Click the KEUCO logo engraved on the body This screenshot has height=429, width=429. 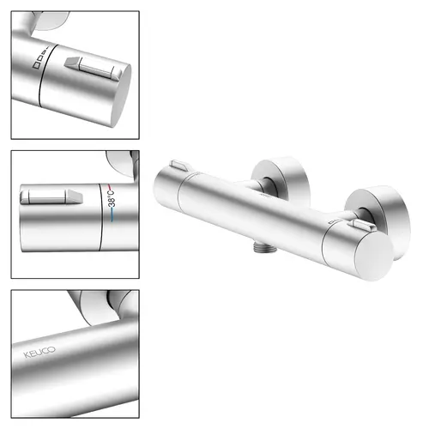point(39,352)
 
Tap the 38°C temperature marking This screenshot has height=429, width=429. point(112,199)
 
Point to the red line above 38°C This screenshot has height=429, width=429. point(110,188)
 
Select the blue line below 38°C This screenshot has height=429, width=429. point(112,214)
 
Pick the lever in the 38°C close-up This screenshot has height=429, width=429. point(51,196)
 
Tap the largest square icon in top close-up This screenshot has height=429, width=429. point(36,64)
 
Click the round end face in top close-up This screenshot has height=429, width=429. point(121,96)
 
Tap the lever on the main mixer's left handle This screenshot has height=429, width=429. point(179,166)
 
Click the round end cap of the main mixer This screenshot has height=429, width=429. point(374,257)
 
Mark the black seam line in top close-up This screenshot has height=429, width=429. point(46,76)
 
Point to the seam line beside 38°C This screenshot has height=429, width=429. point(100,217)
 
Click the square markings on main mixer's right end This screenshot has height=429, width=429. point(333,221)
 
